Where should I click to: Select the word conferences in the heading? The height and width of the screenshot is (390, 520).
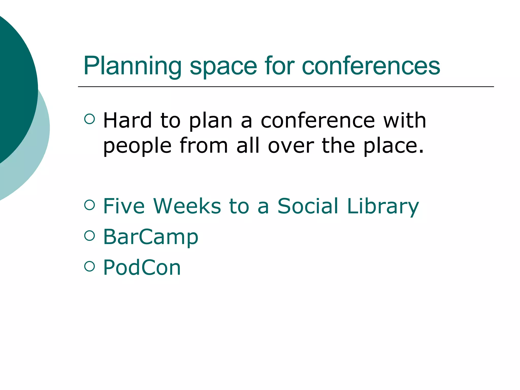coord(371,66)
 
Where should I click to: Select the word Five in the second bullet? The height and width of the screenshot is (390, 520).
coord(124,206)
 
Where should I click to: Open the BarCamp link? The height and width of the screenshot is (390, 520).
coord(151,237)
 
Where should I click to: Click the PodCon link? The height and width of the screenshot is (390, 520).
coord(142,267)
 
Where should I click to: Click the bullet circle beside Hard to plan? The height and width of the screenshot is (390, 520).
coord(89,119)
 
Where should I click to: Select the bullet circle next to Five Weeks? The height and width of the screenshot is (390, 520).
coord(89,205)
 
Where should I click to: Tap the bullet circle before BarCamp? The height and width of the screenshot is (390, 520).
coord(89,235)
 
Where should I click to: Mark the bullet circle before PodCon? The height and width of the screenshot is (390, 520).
coord(89,266)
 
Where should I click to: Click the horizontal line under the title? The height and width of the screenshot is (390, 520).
coord(286,87)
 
